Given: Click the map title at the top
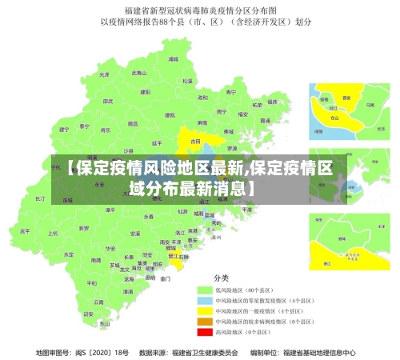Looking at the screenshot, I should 199,10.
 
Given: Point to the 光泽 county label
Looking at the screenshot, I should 102,74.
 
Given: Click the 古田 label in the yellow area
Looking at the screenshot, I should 194,141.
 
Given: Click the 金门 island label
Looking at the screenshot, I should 165,279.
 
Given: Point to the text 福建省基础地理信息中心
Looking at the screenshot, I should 314,351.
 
